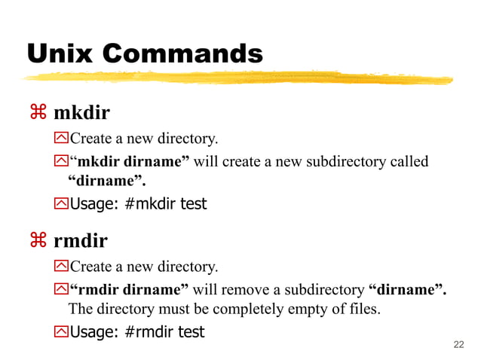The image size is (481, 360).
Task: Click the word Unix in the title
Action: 60,53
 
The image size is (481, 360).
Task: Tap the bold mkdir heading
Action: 81,114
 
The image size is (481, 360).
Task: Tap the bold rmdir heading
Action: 80,242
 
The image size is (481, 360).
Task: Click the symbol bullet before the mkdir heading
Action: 38,114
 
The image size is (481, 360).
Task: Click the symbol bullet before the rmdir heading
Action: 38,242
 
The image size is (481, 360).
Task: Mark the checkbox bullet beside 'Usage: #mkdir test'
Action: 61,204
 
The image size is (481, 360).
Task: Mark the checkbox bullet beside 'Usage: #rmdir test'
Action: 61,332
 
